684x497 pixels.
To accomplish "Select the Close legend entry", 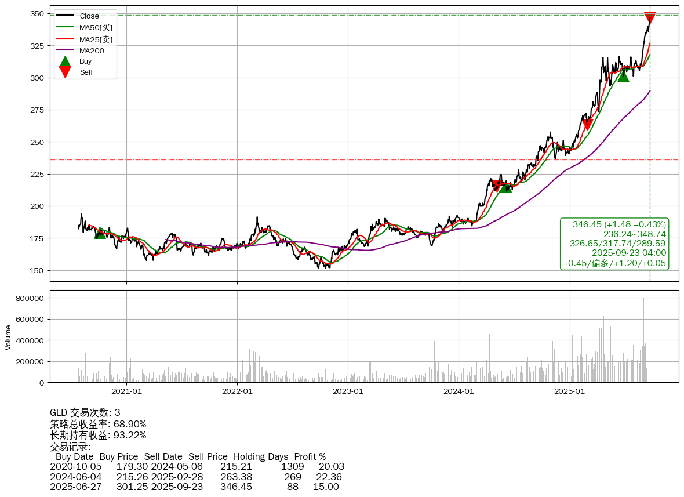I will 89,16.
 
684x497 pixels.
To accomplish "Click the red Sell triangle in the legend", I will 66,72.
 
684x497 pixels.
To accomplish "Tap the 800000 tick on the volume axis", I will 29,298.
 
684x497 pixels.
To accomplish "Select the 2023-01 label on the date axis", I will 348,391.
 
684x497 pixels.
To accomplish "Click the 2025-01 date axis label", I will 569,391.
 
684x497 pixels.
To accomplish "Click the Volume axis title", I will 8,337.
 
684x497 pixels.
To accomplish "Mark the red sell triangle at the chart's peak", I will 650,18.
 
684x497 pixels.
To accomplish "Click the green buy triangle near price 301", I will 623,76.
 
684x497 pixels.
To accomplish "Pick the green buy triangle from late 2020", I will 100,232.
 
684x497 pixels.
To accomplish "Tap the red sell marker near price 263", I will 587,124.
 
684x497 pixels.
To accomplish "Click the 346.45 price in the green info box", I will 587,224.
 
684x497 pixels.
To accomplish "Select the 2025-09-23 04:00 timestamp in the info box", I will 628,253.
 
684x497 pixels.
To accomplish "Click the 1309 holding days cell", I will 292,466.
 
